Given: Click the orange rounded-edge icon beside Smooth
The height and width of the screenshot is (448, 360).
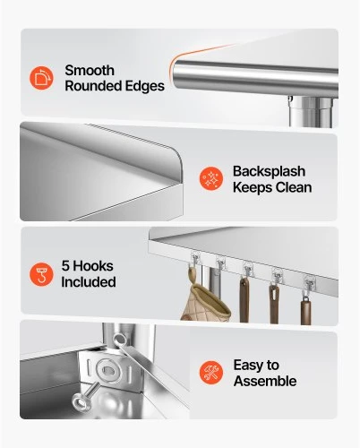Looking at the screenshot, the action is pyautogui.click(x=41, y=78).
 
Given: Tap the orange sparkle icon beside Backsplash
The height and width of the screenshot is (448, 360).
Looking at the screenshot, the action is pyautogui.click(x=211, y=178).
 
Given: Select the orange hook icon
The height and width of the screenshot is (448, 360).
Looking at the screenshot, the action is pyautogui.click(x=41, y=274).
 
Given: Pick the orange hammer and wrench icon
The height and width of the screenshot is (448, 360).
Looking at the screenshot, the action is pyautogui.click(x=211, y=373).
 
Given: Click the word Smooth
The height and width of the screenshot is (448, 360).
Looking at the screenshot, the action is pyautogui.click(x=90, y=71).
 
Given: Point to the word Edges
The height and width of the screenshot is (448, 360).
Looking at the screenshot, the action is pyautogui.click(x=145, y=86).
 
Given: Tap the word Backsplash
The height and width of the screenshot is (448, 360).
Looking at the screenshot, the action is pyautogui.click(x=269, y=171).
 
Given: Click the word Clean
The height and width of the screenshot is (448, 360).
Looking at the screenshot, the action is pyautogui.click(x=294, y=187).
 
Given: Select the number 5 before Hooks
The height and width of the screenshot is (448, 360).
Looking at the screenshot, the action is pyautogui.click(x=65, y=266).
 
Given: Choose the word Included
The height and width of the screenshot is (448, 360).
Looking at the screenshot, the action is pyautogui.click(x=89, y=282).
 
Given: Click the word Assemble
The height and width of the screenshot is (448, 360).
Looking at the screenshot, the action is pyautogui.click(x=265, y=381).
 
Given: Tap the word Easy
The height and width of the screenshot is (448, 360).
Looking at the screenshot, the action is pyautogui.click(x=247, y=366).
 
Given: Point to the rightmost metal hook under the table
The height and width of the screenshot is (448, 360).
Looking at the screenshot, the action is pyautogui.click(x=309, y=287).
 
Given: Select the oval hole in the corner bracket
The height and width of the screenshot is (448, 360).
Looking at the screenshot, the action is pyautogui.click(x=107, y=371).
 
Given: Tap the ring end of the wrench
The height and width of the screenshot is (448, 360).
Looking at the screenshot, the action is pyautogui.click(x=120, y=340).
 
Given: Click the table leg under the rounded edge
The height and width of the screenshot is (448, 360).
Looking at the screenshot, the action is pyautogui.click(x=311, y=112).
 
